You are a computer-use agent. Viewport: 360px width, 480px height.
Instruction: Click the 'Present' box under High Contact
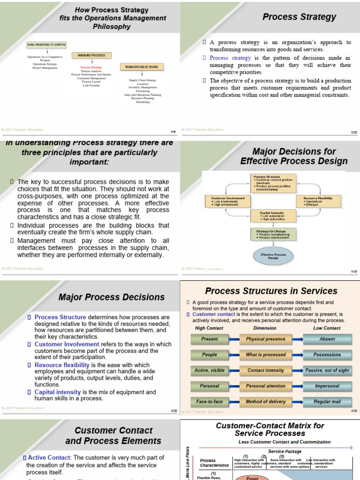tap(210, 339)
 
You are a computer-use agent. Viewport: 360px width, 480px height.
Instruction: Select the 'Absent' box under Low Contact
tap(327, 339)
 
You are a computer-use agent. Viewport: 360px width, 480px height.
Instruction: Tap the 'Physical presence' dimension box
tap(265, 339)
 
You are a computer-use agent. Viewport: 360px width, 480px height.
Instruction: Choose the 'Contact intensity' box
tap(265, 370)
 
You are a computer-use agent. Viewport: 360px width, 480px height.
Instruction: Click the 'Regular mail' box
tap(327, 402)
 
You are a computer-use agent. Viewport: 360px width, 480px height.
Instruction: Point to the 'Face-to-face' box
tap(210, 402)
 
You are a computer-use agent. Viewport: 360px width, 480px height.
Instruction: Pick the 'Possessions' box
tap(327, 355)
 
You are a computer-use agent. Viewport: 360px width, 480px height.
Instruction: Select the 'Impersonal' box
tap(327, 386)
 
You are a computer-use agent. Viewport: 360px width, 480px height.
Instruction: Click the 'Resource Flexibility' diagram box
tap(318, 201)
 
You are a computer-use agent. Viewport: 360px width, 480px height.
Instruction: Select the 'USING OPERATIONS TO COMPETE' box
tap(46, 45)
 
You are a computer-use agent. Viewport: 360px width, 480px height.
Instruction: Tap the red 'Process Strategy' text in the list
tap(91, 67)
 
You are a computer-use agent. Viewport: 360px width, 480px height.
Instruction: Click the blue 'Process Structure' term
tap(60, 317)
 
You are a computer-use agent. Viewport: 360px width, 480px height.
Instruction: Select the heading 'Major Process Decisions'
tap(112, 297)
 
